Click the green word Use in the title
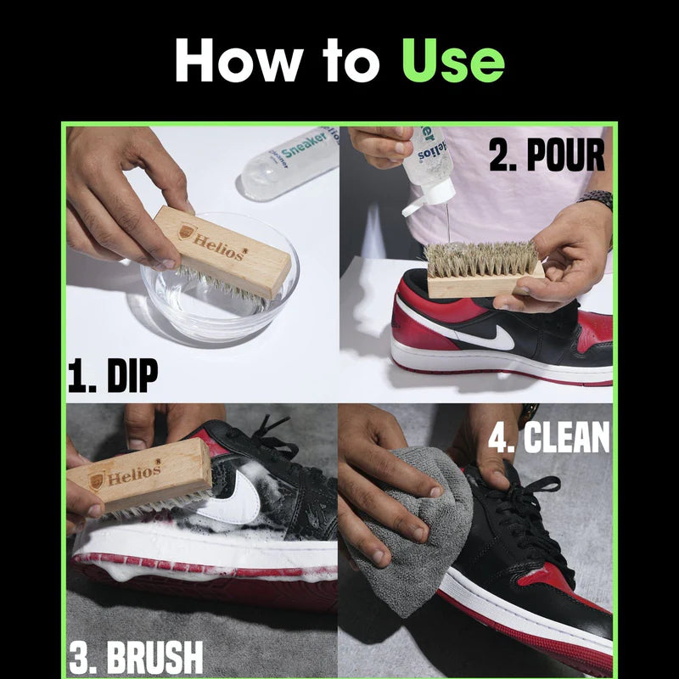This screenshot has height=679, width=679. [452, 62]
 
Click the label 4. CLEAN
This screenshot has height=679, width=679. [548, 438]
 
